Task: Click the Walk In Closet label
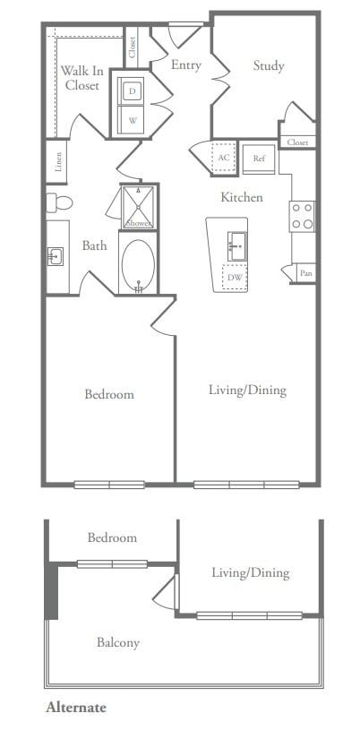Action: [x=81, y=78]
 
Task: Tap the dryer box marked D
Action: [x=133, y=91]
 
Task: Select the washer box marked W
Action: [x=133, y=120]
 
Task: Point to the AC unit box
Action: [x=224, y=158]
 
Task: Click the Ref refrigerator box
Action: [x=259, y=159]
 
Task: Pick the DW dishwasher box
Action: [x=236, y=278]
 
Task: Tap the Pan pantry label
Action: [x=306, y=273]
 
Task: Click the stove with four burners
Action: [x=302, y=215]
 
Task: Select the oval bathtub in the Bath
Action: [x=138, y=266]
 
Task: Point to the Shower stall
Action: [x=138, y=208]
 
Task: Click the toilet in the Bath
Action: [x=59, y=202]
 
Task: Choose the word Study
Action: [x=269, y=65]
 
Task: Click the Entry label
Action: [x=186, y=65]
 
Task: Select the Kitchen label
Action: [x=243, y=196]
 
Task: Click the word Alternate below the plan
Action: [x=76, y=708]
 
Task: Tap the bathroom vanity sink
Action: [x=56, y=257]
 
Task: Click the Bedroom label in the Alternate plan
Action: [x=112, y=537]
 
